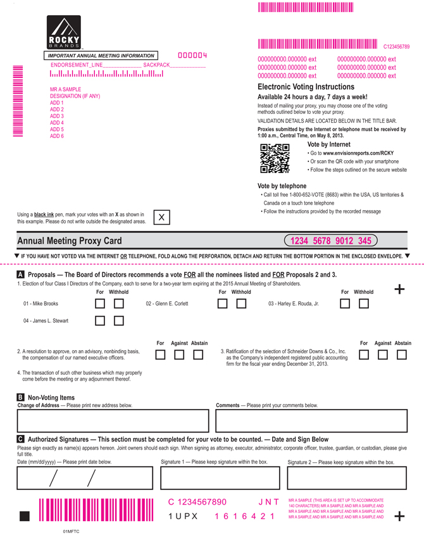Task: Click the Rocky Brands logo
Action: [x=65, y=33]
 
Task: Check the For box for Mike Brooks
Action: [x=100, y=304]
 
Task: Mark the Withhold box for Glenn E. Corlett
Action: [x=241, y=304]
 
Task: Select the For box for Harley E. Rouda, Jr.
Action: [x=344, y=304]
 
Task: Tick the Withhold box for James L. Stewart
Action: [x=119, y=321]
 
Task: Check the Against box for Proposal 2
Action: [x=180, y=355]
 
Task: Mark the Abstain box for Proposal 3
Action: [x=402, y=355]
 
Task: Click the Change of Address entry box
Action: [x=113, y=420]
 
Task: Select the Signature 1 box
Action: [x=220, y=478]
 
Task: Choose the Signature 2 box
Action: [x=346, y=478]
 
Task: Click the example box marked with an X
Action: [x=161, y=217]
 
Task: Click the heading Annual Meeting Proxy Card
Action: [x=70, y=241]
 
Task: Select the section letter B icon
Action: [x=21, y=398]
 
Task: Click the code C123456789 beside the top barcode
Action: [x=397, y=46]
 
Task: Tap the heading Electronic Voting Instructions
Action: [x=306, y=87]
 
